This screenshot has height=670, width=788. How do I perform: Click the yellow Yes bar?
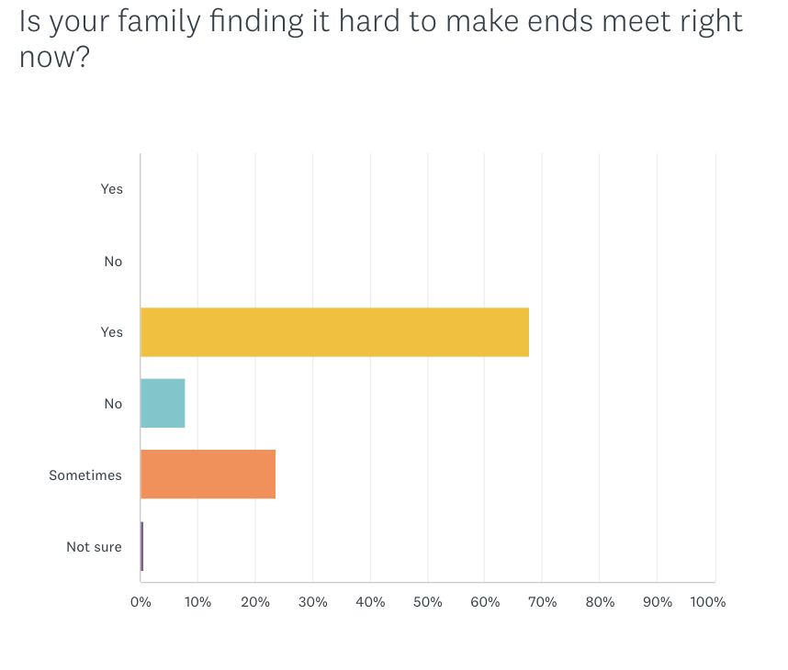[334, 332]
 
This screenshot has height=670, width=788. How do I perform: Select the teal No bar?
[163, 404]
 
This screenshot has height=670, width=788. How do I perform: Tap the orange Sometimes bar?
[208, 475]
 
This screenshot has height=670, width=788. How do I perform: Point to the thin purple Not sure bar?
[141, 547]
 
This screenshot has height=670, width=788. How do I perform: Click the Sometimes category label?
[85, 475]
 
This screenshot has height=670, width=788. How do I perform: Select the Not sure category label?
[94, 547]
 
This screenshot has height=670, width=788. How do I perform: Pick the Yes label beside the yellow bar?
[111, 332]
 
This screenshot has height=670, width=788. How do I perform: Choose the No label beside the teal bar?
[113, 404]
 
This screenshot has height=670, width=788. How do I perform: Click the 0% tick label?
[141, 602]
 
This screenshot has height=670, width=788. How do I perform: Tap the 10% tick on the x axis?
[197, 602]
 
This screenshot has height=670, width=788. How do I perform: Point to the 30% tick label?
[312, 602]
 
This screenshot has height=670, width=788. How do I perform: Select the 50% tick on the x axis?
[427, 602]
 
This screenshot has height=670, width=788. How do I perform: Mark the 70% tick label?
[542, 602]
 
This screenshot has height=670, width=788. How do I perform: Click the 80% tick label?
[600, 602]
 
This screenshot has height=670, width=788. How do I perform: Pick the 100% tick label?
[708, 602]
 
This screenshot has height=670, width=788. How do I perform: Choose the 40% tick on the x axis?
[370, 602]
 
